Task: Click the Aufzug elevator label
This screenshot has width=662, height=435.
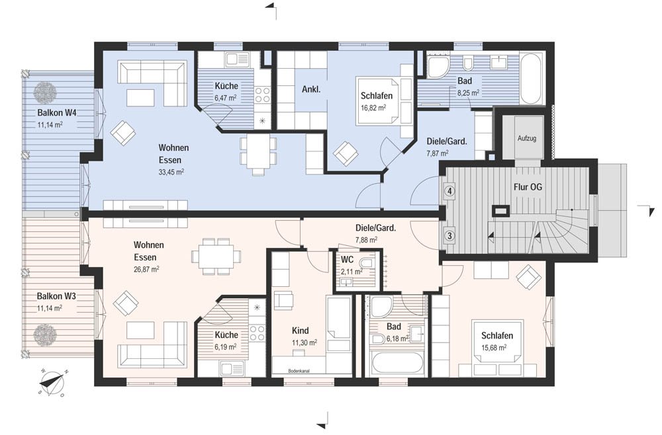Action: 527,138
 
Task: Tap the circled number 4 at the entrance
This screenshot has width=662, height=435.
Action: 450,191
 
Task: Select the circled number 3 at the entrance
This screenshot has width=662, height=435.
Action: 450,235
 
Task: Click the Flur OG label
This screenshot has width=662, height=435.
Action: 528,186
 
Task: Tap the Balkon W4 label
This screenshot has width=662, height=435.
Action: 56,112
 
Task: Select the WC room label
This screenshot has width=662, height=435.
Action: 347,260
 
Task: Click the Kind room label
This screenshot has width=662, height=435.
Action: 300,331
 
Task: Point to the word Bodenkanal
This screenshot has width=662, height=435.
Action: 299,372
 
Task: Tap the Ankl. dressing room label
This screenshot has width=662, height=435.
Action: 311,89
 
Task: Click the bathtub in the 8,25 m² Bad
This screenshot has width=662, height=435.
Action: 532,79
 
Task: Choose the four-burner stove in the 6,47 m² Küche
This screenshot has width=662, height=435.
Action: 262,94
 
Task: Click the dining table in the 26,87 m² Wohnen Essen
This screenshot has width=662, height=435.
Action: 216,257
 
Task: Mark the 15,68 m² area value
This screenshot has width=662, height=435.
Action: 494,348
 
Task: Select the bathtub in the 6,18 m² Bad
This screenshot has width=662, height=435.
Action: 398,364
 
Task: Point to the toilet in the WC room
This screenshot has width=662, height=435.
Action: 367,263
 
